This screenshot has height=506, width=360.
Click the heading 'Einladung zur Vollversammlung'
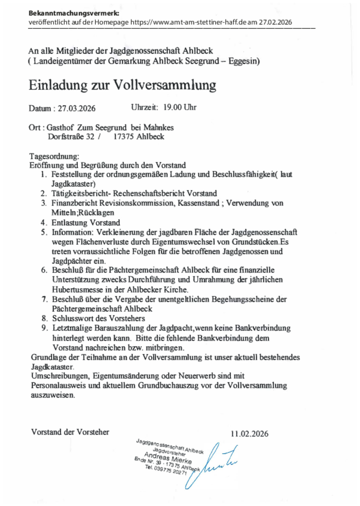tap(122, 85)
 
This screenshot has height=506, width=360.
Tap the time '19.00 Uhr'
tap(179, 107)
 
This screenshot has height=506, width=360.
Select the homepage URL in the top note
tap(192, 22)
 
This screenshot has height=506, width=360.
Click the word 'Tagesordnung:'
tap(54, 157)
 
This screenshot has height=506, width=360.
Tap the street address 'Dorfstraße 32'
tap(71, 137)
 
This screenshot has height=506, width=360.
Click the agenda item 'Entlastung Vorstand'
tap(86, 223)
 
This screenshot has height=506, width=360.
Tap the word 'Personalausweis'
tap(58, 386)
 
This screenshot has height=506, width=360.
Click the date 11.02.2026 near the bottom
tap(249, 434)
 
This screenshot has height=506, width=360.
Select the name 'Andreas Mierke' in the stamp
tap(167, 457)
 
